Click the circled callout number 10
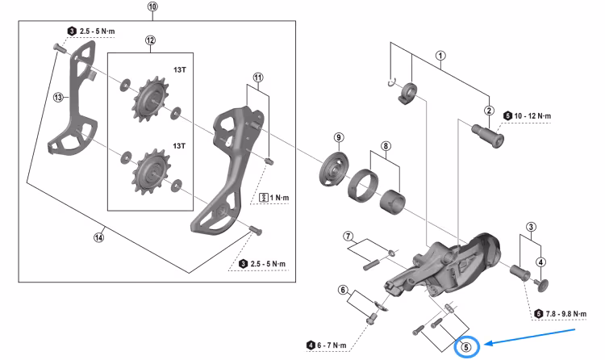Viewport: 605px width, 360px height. (152, 7)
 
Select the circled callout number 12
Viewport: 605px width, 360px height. (150, 40)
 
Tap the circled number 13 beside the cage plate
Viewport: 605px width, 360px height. (58, 98)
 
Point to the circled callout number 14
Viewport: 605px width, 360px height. (98, 237)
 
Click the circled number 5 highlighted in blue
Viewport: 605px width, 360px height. (466, 347)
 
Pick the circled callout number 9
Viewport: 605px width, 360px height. (338, 138)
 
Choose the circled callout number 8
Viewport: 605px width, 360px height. (386, 146)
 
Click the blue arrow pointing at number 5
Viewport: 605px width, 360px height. (530, 337)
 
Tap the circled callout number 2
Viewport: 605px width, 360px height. (490, 111)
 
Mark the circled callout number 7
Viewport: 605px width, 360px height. (348, 236)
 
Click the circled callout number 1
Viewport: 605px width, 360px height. (440, 56)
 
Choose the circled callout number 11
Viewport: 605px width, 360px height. (258, 77)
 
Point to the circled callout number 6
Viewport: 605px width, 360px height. (343, 290)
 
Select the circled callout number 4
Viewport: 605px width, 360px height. (540, 262)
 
